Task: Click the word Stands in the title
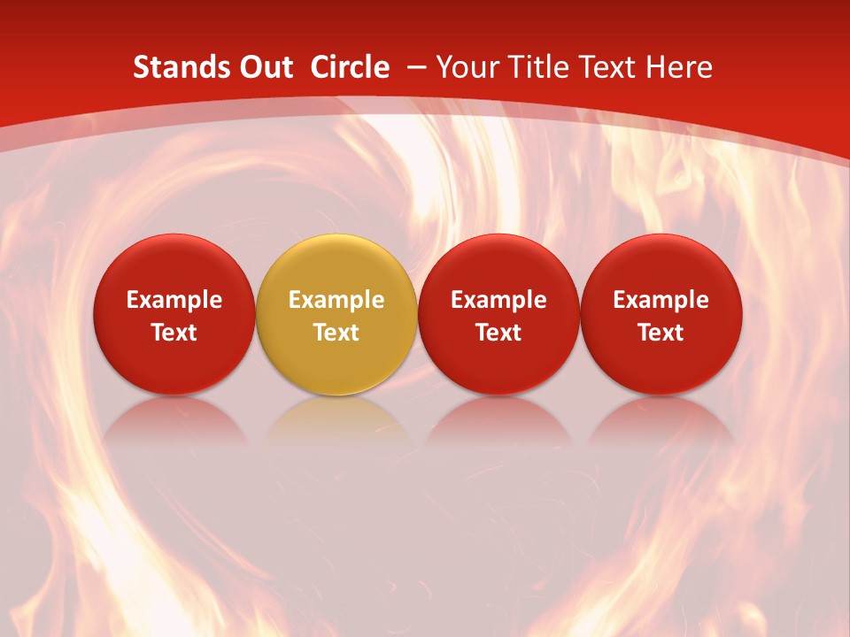[172, 67]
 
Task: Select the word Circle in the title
[350, 67]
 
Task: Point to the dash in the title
[417, 67]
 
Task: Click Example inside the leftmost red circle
[174, 300]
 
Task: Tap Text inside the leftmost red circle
[174, 333]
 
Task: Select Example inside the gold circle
[336, 300]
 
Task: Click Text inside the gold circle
[336, 333]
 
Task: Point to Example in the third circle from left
[498, 300]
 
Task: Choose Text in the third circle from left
[498, 333]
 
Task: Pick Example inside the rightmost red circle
[661, 300]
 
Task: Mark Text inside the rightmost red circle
[661, 333]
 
